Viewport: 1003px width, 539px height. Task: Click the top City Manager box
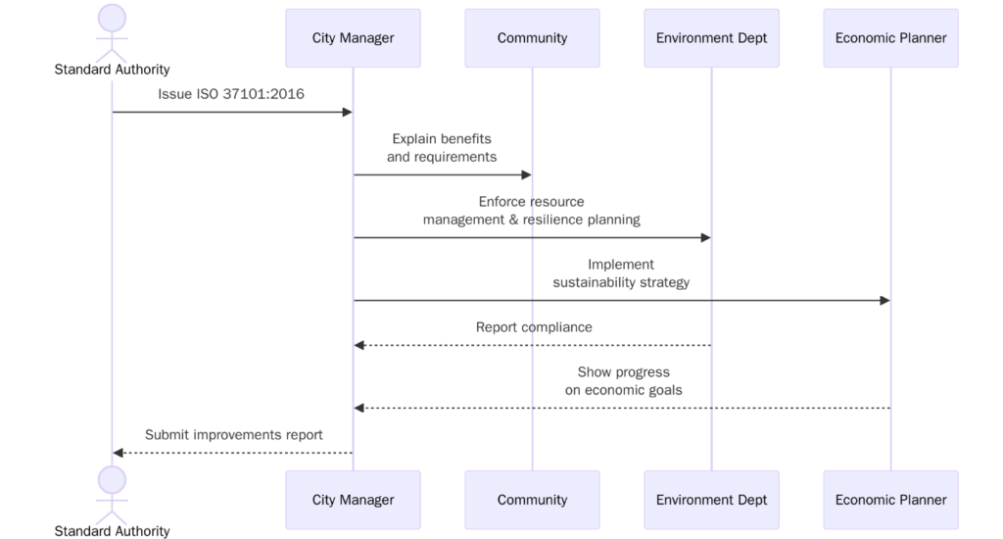353,38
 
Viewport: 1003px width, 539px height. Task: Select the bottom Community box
532,500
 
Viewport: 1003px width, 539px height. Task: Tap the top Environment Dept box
711,38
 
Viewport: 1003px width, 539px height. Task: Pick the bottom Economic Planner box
890,500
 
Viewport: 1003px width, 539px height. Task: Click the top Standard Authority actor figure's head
112,18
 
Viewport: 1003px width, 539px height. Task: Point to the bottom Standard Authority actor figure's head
112,479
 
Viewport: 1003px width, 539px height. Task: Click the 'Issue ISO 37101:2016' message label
232,94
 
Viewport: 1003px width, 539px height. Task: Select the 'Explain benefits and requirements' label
442,148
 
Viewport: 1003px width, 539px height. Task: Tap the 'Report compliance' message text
534,327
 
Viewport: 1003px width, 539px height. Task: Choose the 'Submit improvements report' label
233,434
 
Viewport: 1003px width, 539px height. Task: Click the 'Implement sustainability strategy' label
621,273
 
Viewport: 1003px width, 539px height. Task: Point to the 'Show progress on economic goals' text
623,381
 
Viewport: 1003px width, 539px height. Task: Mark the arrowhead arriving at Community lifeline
526,175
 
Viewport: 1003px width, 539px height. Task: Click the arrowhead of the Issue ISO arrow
346,113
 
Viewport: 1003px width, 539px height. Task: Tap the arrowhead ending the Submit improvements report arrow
119,453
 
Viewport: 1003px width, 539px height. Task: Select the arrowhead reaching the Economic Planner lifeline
884,301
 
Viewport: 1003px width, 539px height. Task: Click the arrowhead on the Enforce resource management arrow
704,238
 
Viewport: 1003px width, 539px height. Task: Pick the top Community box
532,38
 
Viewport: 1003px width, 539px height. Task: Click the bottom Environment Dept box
711,500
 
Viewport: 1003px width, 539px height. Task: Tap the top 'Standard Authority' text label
112,70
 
